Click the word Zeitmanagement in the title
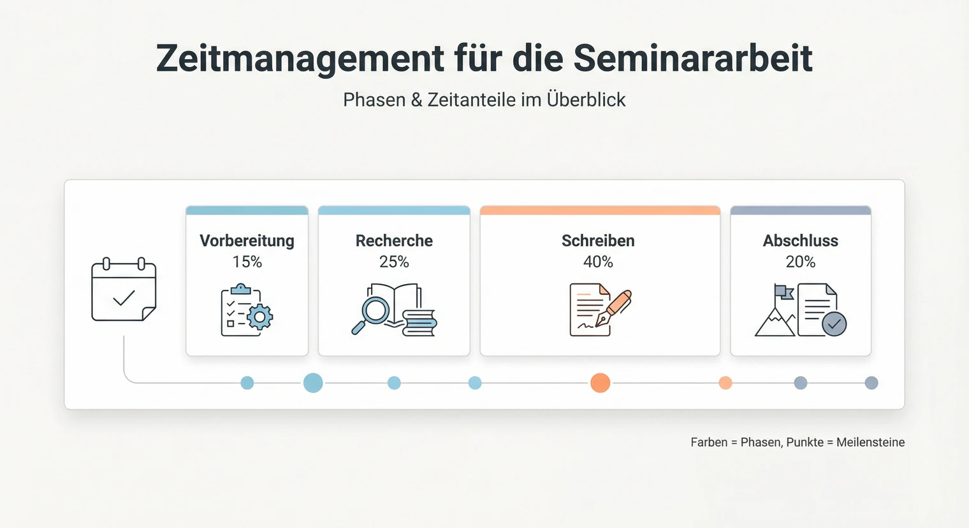(x=300, y=59)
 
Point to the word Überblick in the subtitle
(x=586, y=100)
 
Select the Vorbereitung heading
(x=247, y=241)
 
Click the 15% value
(x=247, y=262)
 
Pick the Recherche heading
(x=394, y=241)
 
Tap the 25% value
(x=394, y=262)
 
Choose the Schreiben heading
(x=598, y=241)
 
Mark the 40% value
(x=598, y=262)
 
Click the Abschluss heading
(x=800, y=241)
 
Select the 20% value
(x=800, y=262)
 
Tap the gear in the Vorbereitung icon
(x=259, y=316)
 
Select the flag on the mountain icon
(x=784, y=292)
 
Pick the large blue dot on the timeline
(x=313, y=383)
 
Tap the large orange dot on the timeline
(x=600, y=383)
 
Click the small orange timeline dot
(x=725, y=383)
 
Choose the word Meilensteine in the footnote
(x=870, y=443)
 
